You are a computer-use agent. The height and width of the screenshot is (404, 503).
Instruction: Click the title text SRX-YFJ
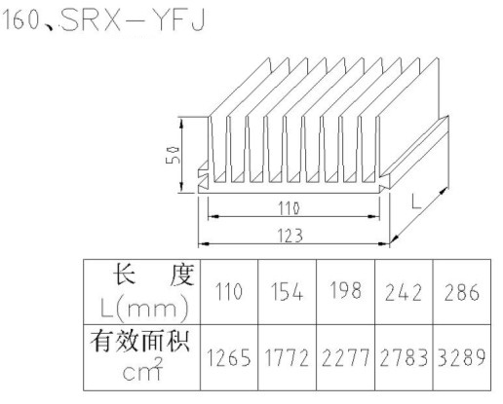click(134, 20)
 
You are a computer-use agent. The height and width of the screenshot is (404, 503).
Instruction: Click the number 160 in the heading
click(20, 20)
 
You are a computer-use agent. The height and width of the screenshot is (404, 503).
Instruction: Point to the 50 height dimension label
click(173, 156)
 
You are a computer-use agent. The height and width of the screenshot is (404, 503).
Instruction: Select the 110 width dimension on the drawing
click(289, 208)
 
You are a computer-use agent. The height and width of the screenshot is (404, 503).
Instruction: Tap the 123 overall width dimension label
click(290, 236)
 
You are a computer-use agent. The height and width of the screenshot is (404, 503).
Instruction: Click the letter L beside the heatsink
click(415, 201)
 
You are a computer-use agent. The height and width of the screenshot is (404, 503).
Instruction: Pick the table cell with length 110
click(229, 291)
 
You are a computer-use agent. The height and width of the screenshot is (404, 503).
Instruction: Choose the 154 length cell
click(287, 291)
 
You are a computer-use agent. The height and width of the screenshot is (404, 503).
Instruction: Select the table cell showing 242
click(404, 292)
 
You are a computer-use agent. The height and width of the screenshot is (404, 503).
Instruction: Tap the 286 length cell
click(461, 292)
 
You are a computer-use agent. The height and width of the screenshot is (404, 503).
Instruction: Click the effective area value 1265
click(229, 357)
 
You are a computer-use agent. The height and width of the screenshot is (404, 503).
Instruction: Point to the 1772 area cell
click(287, 357)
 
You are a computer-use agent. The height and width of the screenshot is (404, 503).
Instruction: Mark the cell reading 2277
click(345, 357)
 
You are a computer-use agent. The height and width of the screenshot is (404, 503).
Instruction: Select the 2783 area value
click(404, 357)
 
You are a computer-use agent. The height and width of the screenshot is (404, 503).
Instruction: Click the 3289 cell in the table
click(461, 357)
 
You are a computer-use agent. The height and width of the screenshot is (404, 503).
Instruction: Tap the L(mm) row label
click(144, 308)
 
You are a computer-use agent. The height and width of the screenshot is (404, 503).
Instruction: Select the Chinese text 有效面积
click(140, 341)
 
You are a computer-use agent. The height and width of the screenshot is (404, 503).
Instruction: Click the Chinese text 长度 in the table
click(153, 275)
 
